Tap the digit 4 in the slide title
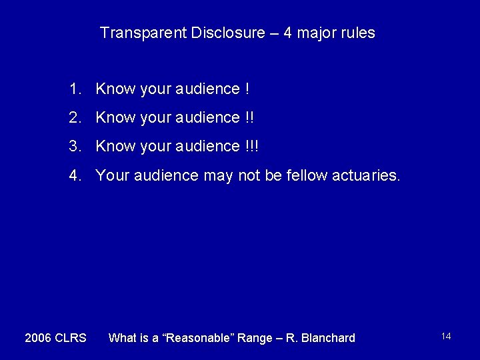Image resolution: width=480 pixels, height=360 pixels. [x=287, y=33]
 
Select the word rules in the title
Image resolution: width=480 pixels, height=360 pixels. [x=357, y=33]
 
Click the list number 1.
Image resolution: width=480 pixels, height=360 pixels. [x=73, y=89]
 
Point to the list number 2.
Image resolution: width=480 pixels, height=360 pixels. [x=73, y=118]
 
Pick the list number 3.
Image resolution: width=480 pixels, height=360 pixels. [x=73, y=147]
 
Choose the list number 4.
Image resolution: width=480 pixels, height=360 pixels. [x=73, y=176]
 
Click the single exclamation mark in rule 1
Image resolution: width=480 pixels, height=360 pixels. [x=247, y=89]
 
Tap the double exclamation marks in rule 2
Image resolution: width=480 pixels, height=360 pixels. [x=249, y=118]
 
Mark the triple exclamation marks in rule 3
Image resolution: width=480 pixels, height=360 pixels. [x=251, y=147]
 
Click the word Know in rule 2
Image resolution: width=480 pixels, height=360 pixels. [x=115, y=118]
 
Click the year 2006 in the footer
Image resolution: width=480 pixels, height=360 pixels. [x=38, y=338]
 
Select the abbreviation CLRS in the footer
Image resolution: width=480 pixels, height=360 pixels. [x=71, y=338]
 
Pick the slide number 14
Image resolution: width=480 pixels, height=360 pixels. [x=446, y=336]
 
